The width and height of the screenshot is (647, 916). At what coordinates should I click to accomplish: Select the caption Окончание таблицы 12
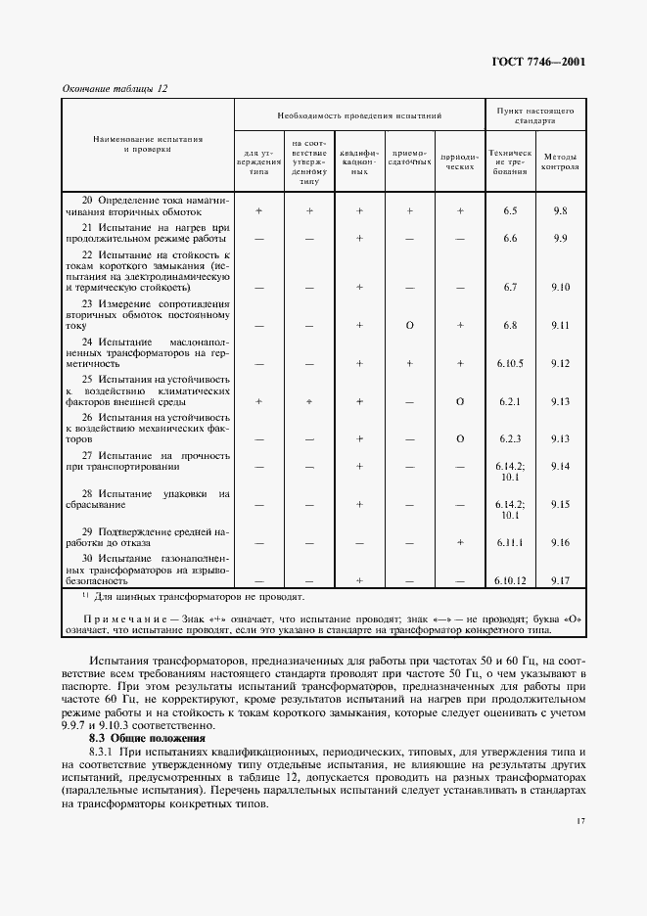116,88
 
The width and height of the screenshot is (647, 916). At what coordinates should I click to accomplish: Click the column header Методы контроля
561,160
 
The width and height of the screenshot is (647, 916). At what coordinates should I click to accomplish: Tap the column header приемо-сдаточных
409,160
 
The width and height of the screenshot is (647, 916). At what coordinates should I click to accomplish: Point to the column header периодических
459,160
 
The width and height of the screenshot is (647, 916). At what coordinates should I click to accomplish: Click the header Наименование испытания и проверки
148,145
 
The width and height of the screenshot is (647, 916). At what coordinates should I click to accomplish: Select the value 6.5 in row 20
509,210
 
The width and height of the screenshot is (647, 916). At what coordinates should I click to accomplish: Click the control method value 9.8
561,210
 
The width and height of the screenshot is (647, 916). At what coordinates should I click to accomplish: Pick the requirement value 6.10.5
509,363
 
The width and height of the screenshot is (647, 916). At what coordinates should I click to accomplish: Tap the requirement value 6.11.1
509,541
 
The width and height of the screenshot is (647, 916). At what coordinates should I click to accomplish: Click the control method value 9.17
561,579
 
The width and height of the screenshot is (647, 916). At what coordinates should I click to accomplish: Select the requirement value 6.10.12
509,579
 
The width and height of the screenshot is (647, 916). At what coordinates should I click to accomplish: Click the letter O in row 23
409,325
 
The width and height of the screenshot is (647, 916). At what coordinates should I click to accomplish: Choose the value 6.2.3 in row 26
509,439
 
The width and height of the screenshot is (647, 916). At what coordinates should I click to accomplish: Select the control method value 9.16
561,541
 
